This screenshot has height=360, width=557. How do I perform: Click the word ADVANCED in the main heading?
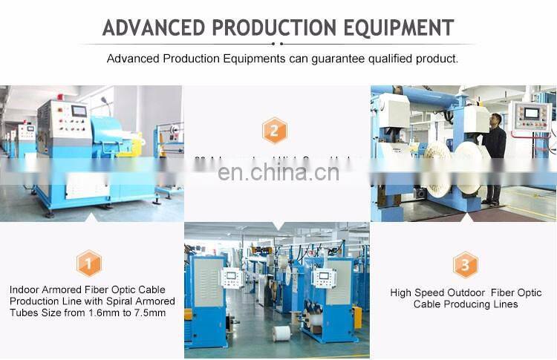[x=153, y=27]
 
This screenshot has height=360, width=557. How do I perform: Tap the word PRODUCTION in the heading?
[x=273, y=27]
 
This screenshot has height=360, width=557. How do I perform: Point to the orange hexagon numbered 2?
[x=275, y=132]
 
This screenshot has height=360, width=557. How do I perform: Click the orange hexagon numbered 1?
[x=88, y=263]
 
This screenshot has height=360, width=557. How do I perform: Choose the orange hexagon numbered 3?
[x=466, y=264]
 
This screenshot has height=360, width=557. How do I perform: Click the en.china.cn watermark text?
[x=278, y=172]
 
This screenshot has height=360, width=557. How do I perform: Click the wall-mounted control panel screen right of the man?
[x=532, y=114]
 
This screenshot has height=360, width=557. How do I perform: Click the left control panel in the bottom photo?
[x=232, y=278]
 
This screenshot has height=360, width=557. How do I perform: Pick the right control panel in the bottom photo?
[x=325, y=278]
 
